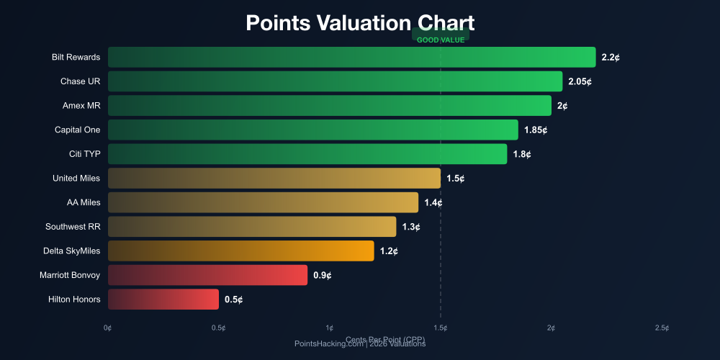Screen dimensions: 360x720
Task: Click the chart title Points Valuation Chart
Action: point(360,22)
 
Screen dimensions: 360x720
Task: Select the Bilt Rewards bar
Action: point(351,57)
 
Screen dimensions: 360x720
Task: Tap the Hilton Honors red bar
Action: point(163,299)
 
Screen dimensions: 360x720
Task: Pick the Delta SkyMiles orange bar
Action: point(240,251)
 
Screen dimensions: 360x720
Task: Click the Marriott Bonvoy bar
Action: point(207,275)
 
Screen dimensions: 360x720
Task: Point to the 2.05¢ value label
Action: point(580,81)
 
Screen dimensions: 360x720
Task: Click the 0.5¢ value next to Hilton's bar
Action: point(233,299)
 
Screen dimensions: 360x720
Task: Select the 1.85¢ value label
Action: point(536,130)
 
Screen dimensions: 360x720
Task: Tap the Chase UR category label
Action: point(81,81)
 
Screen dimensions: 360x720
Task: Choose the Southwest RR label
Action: point(73,227)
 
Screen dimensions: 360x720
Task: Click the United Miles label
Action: point(76,178)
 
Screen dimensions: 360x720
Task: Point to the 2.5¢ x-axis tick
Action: point(662,328)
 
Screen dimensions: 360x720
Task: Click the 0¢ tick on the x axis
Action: point(108,328)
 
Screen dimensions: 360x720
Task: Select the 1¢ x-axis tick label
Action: point(330,328)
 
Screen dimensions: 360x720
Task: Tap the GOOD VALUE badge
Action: point(441,40)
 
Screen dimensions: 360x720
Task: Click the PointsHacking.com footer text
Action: point(360,343)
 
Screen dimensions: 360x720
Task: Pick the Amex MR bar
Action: point(329,106)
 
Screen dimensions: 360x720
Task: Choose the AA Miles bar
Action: point(263,202)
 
